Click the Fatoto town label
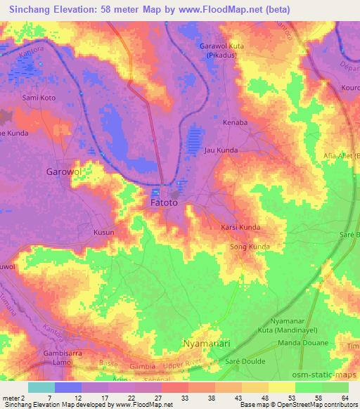click(x=164, y=203)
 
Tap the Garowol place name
click(x=64, y=171)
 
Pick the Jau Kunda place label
click(x=221, y=150)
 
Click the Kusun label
click(x=103, y=231)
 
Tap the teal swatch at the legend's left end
click(x=41, y=387)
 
